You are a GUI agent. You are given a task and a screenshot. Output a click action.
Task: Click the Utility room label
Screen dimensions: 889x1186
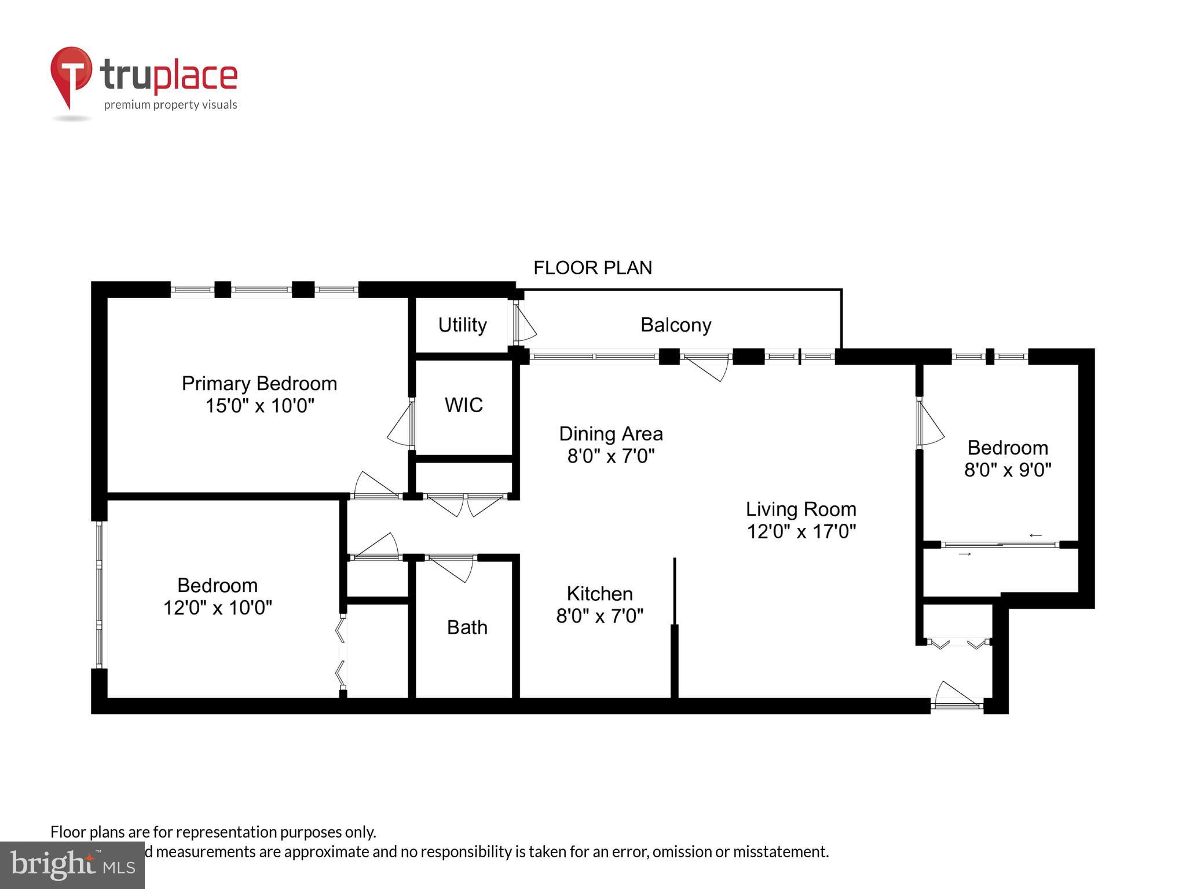pyautogui.click(x=462, y=325)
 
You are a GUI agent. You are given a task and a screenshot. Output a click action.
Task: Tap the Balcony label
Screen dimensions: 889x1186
pyautogui.click(x=676, y=325)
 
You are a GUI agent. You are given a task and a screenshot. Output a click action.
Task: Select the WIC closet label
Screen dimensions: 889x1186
pyautogui.click(x=463, y=405)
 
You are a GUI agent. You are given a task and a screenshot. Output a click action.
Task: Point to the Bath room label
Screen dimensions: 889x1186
pyautogui.click(x=467, y=627)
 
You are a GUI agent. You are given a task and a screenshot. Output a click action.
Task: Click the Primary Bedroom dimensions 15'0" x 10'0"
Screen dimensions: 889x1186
pyautogui.click(x=259, y=406)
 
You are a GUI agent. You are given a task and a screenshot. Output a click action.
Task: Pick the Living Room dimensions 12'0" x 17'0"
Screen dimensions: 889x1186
pyautogui.click(x=801, y=531)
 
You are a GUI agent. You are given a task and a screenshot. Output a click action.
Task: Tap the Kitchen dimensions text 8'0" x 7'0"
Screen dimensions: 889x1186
pyautogui.click(x=599, y=616)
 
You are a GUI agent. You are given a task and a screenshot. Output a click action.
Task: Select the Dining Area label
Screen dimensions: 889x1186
pyautogui.click(x=610, y=434)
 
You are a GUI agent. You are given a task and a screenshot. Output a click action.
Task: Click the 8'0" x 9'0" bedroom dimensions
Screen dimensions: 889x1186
pyautogui.click(x=1007, y=469)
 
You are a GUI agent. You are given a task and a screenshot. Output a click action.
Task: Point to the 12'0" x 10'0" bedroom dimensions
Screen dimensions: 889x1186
pyautogui.click(x=217, y=608)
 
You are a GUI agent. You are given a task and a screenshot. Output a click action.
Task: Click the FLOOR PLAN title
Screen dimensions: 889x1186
pyautogui.click(x=592, y=268)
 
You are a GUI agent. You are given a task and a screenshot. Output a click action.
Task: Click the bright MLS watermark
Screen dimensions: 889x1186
pyautogui.click(x=72, y=865)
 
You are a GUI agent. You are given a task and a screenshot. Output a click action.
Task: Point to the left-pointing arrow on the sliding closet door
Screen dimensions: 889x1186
pyautogui.click(x=1035, y=535)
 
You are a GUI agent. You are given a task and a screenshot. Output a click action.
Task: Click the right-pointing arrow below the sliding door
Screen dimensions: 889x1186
pyautogui.click(x=964, y=554)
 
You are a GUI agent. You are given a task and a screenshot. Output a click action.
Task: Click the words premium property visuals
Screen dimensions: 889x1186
pyautogui.click(x=170, y=105)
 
